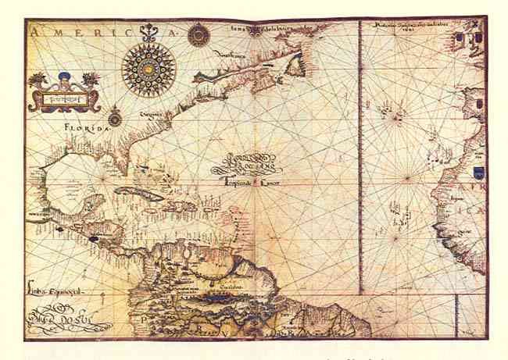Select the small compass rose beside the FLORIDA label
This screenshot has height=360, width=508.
point(115,119)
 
